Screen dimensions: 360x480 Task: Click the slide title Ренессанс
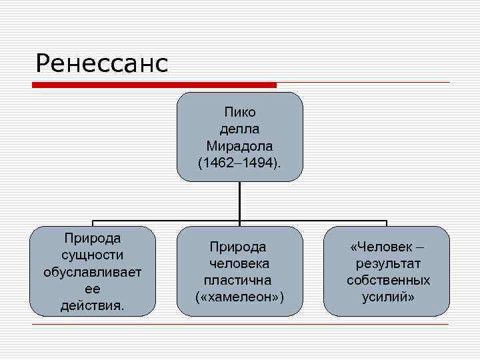click(x=101, y=64)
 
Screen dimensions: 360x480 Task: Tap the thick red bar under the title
click(x=155, y=85)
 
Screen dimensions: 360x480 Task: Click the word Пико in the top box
click(x=239, y=111)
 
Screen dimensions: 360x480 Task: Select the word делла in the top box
click(x=239, y=128)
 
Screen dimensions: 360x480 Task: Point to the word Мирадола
click(x=239, y=145)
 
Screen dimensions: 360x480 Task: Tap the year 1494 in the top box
click(x=257, y=162)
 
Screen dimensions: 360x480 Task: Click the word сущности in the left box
click(x=92, y=255)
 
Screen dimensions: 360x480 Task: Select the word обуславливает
click(x=92, y=272)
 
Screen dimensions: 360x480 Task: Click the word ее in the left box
click(x=92, y=289)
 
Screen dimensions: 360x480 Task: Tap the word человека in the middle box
click(x=239, y=263)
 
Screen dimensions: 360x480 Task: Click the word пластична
click(x=239, y=280)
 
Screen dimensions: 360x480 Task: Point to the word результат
click(x=387, y=263)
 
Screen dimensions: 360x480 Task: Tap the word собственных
click(x=387, y=280)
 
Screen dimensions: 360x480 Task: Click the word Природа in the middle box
click(x=239, y=247)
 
